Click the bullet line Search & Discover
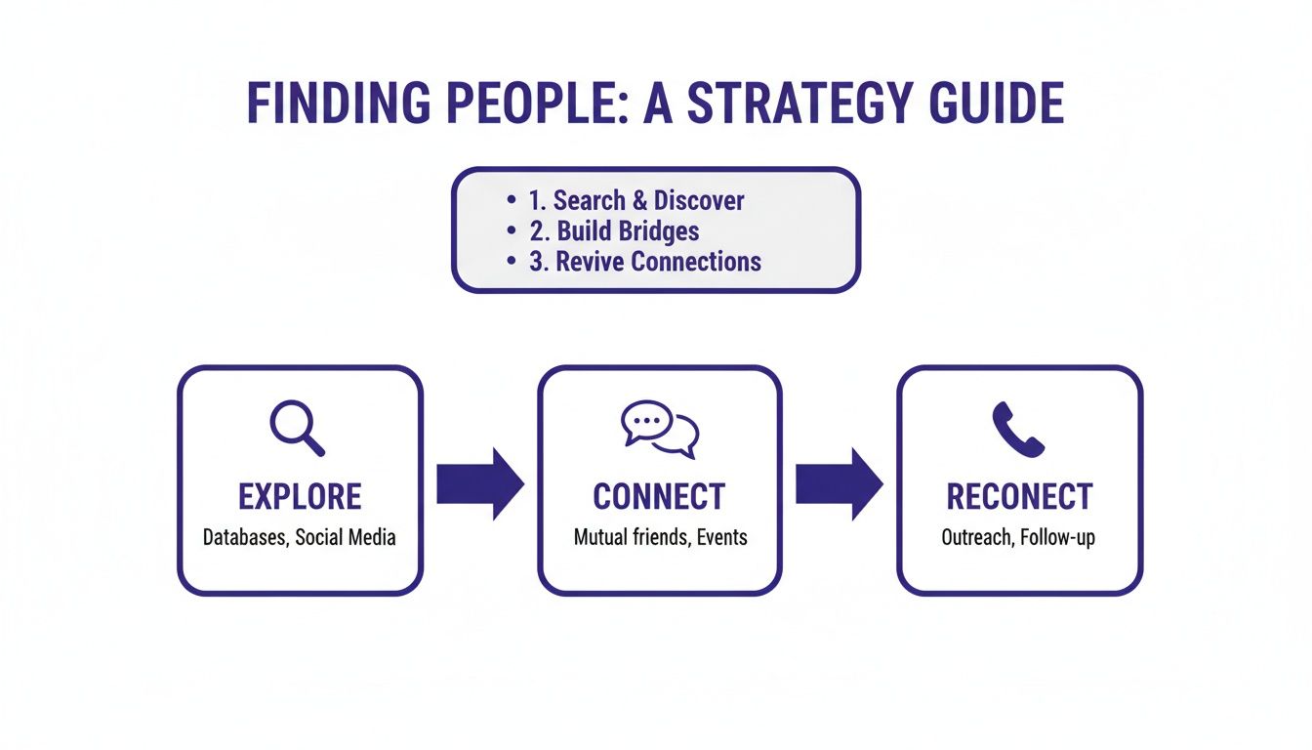(x=635, y=201)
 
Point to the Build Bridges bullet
(x=614, y=231)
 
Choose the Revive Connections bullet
(x=645, y=262)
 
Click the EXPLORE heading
(x=300, y=497)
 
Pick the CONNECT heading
(x=659, y=497)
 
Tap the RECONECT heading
(x=1018, y=497)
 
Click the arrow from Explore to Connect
(x=479, y=483)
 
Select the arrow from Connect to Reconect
(x=840, y=483)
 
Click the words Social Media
(x=346, y=537)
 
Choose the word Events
(x=722, y=537)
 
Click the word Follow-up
(x=1057, y=538)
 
